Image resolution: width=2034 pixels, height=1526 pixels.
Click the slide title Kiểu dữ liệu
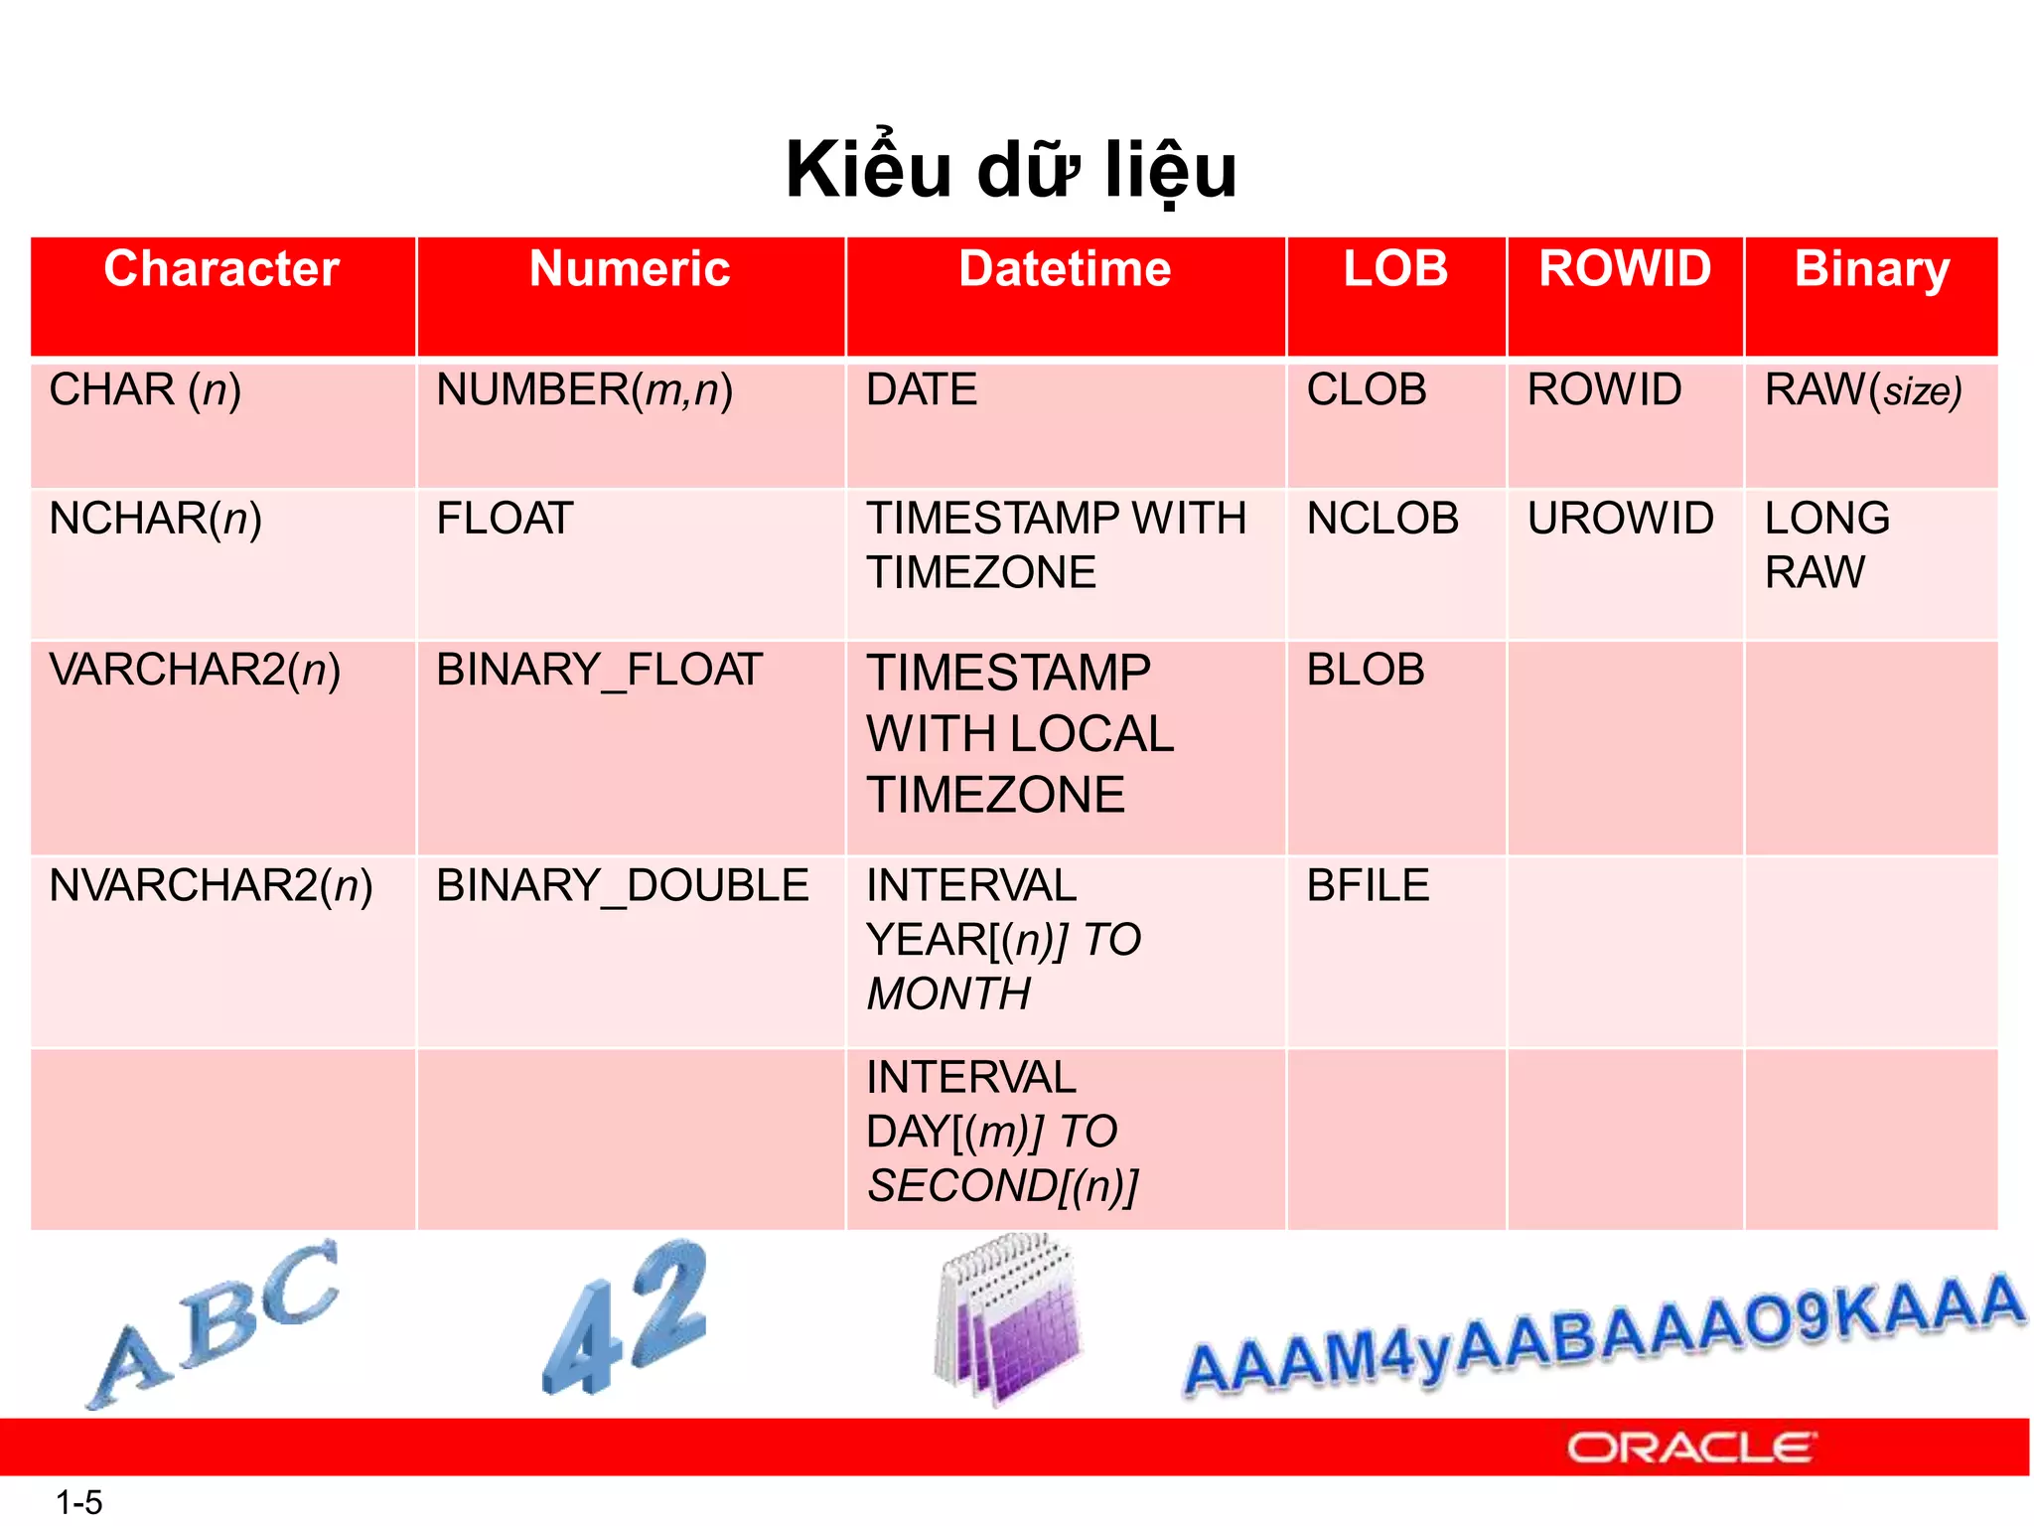[1011, 171]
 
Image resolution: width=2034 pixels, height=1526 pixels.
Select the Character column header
[221, 269]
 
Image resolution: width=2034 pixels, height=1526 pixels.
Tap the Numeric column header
[630, 269]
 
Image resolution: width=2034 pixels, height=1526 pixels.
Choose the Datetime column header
[1065, 269]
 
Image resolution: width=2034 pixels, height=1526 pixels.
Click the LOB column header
[1395, 269]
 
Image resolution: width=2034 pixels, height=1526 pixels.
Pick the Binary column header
[1871, 269]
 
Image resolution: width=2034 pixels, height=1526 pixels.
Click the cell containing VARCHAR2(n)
[195, 670]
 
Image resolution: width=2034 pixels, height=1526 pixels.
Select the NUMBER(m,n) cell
[584, 389]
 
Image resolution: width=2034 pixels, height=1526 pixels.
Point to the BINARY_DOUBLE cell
[622, 885]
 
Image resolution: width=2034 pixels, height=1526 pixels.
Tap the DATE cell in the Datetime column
[922, 389]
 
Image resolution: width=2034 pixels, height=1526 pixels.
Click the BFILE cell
[1368, 885]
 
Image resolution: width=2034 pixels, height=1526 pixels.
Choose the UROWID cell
[1620, 519]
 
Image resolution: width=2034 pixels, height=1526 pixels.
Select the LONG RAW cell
[1827, 544]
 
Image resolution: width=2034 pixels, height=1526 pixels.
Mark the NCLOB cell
[1382, 519]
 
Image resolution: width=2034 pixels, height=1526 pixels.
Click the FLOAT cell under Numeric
[505, 519]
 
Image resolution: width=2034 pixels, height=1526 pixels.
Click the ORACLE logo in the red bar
[1691, 1448]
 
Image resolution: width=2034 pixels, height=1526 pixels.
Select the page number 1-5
[79, 1502]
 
